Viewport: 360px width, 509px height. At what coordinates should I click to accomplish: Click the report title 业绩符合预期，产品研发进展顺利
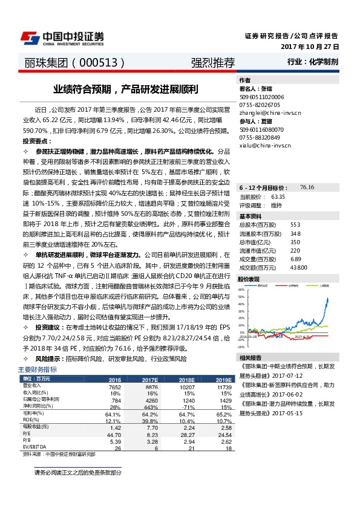tap(125, 89)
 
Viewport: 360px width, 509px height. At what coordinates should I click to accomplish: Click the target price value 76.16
tap(307, 188)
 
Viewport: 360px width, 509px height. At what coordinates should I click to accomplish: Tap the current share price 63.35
tap(278, 197)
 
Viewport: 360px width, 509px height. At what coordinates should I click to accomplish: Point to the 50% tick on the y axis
tap(241, 290)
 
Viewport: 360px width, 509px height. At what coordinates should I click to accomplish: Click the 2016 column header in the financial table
tap(114, 380)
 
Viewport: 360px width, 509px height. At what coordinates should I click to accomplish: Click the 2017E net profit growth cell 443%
tap(151, 407)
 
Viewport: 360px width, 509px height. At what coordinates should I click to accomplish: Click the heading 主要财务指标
tap(38, 369)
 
